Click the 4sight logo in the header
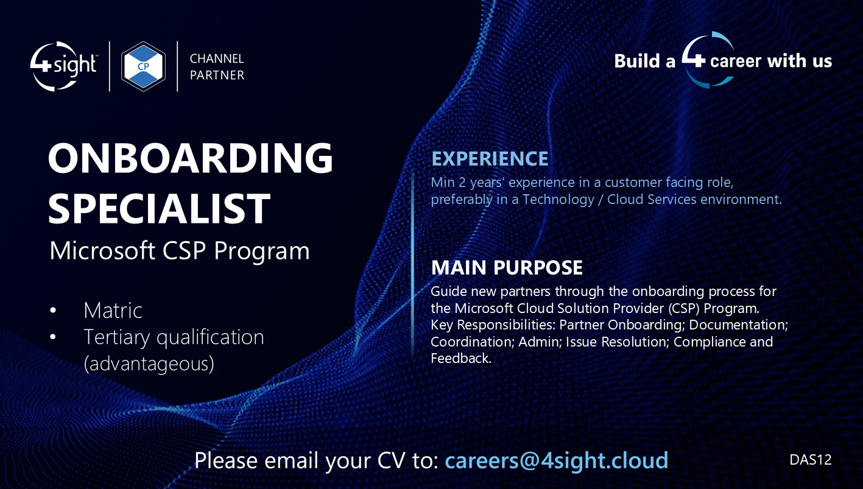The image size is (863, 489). coord(63,66)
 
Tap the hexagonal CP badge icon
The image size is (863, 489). coord(143,66)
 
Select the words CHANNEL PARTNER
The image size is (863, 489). coord(217,67)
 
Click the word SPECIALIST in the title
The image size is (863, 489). coord(159,208)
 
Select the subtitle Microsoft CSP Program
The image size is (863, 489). coord(179,251)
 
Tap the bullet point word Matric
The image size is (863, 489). coord(113,311)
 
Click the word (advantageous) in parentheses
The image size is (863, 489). coord(149,364)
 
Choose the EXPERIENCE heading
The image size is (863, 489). coord(490,159)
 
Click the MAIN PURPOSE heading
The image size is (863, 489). coord(507,267)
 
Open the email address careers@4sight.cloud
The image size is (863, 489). coord(556,460)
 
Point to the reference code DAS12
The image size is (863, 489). coord(810,460)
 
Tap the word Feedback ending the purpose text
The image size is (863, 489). coord(460,359)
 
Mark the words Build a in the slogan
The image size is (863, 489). coord(644,61)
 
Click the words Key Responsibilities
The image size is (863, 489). coord(492,325)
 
